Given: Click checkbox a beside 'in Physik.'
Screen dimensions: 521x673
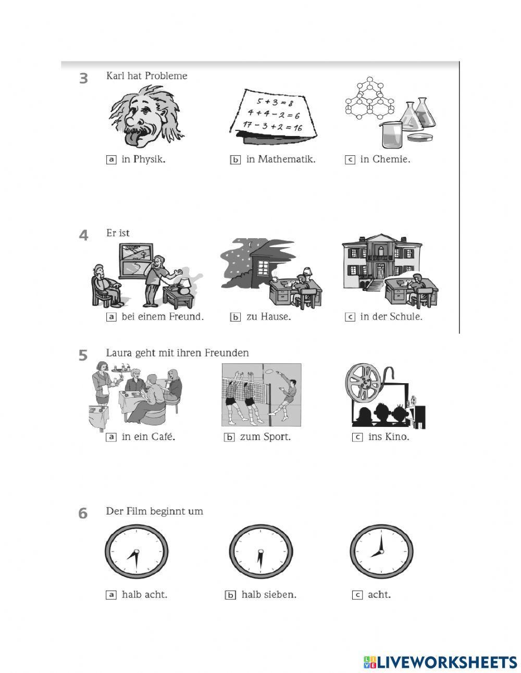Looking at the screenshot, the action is pyautogui.click(x=111, y=160).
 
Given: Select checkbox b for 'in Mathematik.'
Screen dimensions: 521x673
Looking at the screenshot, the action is pyautogui.click(x=235, y=160).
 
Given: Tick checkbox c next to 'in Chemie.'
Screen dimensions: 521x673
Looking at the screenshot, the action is pyautogui.click(x=350, y=160).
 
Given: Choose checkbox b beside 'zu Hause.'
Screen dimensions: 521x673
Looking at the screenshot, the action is pyautogui.click(x=235, y=317).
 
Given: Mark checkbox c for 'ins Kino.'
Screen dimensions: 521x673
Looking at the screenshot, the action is pyautogui.click(x=357, y=437).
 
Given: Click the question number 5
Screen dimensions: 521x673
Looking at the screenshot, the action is pyautogui.click(x=83, y=355).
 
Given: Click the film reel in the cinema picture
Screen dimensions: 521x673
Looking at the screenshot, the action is pyautogui.click(x=363, y=382).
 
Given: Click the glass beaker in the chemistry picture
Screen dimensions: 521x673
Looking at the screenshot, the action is pyautogui.click(x=391, y=134).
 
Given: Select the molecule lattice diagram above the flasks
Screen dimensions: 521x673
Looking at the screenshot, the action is pyautogui.click(x=369, y=98).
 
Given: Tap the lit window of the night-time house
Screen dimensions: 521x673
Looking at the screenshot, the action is pyautogui.click(x=263, y=267).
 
